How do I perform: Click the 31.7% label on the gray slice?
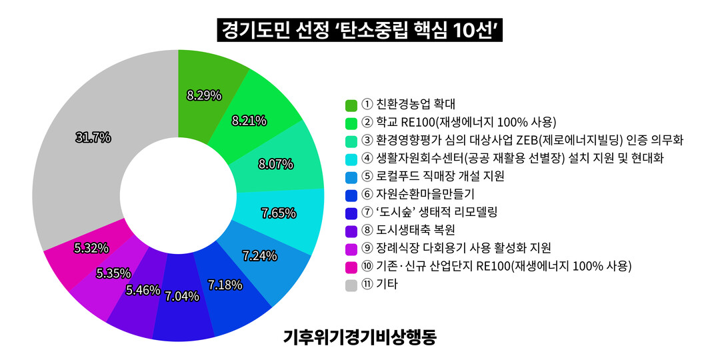(x=93, y=138)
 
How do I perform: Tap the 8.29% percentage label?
(x=204, y=95)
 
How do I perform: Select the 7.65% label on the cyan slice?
(x=279, y=213)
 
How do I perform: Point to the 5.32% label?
(x=91, y=249)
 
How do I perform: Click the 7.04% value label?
(x=182, y=297)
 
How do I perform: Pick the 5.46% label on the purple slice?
(x=143, y=290)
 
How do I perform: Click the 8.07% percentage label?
(x=275, y=164)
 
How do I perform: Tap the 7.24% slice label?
(x=260, y=255)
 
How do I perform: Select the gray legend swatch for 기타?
(x=351, y=285)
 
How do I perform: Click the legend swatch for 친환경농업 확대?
(x=351, y=105)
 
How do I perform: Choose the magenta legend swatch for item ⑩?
(x=351, y=267)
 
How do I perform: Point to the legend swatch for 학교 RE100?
(x=351, y=123)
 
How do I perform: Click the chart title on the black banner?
(x=360, y=31)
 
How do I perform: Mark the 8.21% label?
(x=249, y=121)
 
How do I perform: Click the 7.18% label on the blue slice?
(x=225, y=285)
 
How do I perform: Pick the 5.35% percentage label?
(x=113, y=273)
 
